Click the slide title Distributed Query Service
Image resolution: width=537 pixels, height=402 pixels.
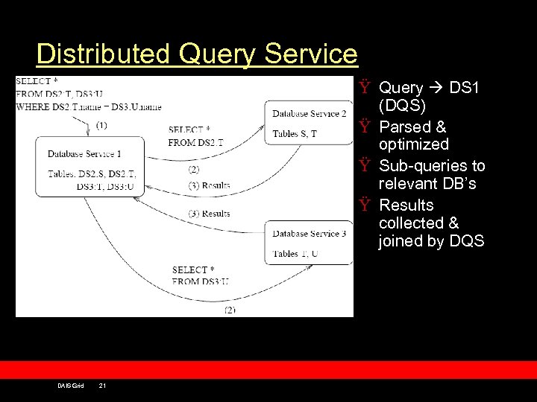[197, 54]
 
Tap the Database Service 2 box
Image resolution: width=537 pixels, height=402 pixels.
[309, 123]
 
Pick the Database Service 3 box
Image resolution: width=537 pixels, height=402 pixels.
[309, 243]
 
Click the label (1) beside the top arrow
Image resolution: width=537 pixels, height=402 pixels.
[101, 125]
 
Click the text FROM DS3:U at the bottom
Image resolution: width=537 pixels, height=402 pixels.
[200, 281]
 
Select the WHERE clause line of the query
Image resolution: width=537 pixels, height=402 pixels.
[89, 107]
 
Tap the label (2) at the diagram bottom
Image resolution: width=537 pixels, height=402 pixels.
[230, 309]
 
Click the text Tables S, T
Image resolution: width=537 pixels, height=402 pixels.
[295, 133]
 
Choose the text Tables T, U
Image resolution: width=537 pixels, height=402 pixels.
[295, 254]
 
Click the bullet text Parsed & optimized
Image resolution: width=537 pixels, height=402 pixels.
[413, 135]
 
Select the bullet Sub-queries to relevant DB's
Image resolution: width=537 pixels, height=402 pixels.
[431, 175]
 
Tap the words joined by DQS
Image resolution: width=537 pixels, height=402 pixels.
[431, 240]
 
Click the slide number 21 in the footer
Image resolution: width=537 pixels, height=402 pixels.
[102, 385]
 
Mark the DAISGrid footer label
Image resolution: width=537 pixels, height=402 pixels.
[71, 385]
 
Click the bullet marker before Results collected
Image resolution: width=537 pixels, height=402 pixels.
[364, 205]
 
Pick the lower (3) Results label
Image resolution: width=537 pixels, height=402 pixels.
[210, 214]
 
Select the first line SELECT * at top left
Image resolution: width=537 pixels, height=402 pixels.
[34, 81]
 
